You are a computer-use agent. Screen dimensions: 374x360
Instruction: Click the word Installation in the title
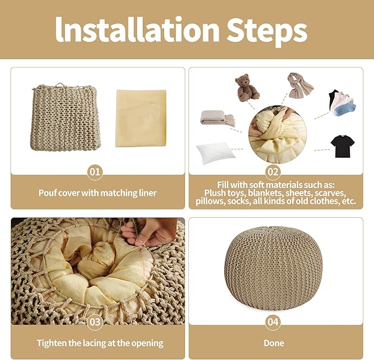click(x=137, y=30)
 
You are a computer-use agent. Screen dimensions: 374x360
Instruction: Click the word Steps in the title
click(x=267, y=32)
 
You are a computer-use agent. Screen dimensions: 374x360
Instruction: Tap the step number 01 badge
click(x=95, y=171)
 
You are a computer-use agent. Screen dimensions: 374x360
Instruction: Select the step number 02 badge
click(x=273, y=171)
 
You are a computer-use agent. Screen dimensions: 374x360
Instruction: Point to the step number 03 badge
click(x=95, y=322)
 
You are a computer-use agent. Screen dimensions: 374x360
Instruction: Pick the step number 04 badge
click(x=273, y=322)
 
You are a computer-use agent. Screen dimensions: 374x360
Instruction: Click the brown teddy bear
click(x=246, y=87)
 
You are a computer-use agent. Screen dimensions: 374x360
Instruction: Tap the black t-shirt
click(x=343, y=146)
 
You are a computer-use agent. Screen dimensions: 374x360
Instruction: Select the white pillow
click(x=215, y=152)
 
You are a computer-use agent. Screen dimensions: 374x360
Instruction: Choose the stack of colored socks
click(x=342, y=103)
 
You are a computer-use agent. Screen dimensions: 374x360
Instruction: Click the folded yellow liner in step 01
click(x=141, y=118)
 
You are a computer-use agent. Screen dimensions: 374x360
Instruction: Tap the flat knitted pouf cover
click(x=66, y=117)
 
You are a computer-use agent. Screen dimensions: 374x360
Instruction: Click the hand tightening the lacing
click(x=149, y=231)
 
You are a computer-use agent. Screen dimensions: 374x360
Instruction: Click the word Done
click(x=274, y=343)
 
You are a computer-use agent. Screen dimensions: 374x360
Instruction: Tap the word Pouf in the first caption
click(x=47, y=193)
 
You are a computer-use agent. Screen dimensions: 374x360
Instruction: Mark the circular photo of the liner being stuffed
click(x=278, y=135)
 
